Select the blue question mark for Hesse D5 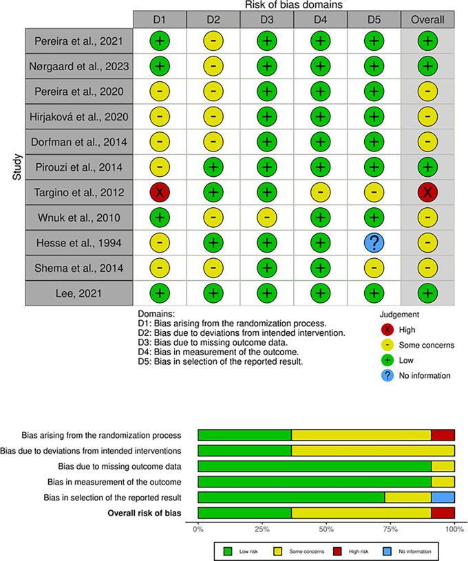374,242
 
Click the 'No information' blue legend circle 394,376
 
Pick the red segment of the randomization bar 443,434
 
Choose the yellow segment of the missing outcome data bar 443,466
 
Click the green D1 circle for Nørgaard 159,67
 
